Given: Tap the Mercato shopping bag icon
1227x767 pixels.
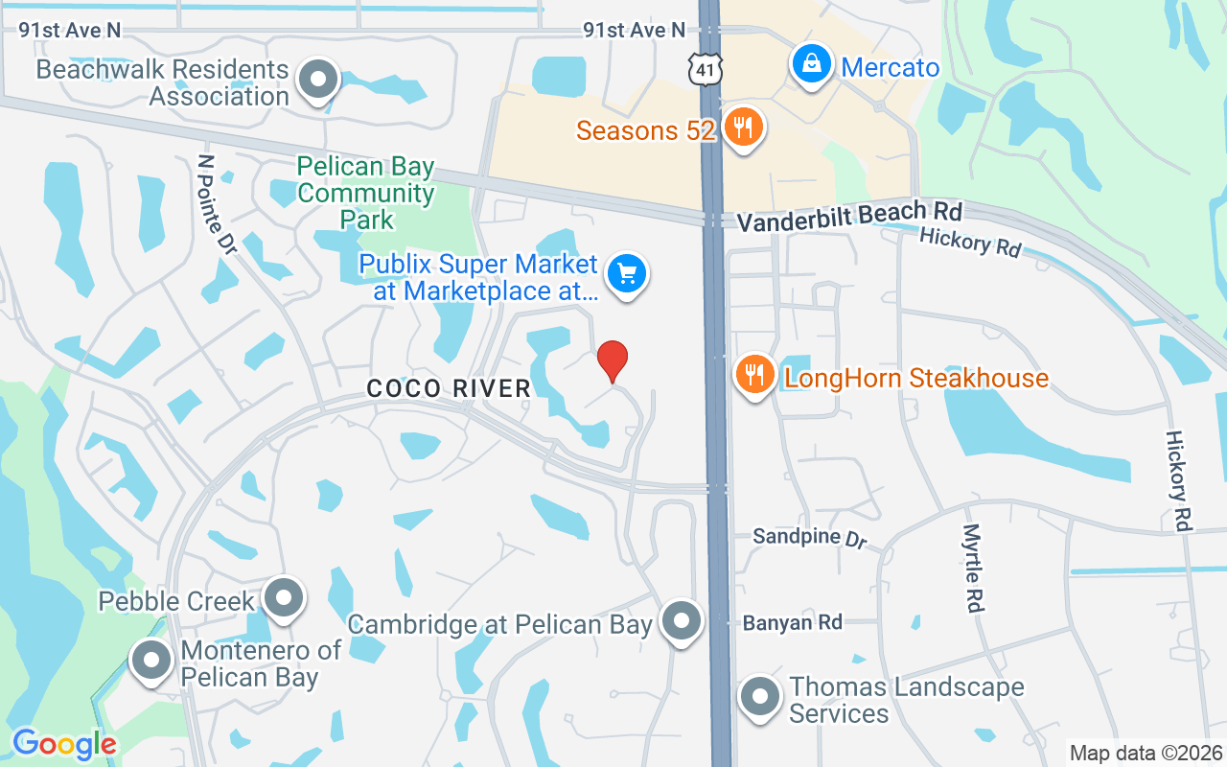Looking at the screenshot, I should [x=811, y=65].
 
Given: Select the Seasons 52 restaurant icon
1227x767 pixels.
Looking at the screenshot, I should [x=742, y=126].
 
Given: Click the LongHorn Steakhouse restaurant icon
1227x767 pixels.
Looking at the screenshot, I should [x=755, y=375].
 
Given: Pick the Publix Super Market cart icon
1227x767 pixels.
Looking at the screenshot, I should [x=627, y=275].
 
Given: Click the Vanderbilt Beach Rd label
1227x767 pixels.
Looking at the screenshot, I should [x=848, y=216].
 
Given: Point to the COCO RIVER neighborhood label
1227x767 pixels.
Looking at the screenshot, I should [x=449, y=388].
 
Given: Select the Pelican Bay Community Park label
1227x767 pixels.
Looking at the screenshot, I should [x=365, y=194].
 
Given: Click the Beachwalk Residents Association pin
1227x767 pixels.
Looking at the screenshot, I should [x=318, y=80].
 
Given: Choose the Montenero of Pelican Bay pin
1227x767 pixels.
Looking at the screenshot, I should [x=150, y=661].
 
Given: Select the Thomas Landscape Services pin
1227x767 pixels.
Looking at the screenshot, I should [x=760, y=697].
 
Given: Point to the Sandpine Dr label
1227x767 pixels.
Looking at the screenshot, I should [x=809, y=538].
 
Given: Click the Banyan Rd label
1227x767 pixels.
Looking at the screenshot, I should [x=792, y=623].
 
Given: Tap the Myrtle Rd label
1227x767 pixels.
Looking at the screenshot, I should [x=973, y=568].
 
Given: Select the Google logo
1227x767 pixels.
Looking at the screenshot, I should [x=64, y=744].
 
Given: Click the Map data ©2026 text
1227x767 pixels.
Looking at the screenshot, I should [x=1146, y=753].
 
